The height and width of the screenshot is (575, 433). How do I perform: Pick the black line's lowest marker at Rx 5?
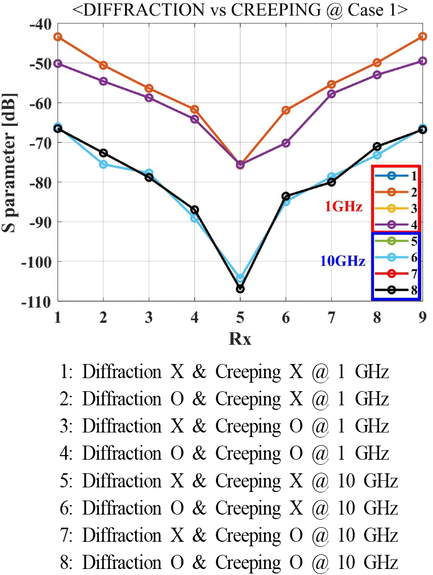click(x=240, y=289)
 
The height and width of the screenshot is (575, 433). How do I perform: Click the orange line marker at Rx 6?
click(x=286, y=110)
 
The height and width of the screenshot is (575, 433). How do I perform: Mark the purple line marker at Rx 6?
click(x=286, y=143)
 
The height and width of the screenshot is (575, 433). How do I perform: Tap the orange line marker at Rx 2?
click(x=103, y=65)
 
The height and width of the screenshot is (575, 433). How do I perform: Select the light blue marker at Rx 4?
click(x=195, y=218)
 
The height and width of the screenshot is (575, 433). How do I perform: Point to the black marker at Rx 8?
click(x=377, y=147)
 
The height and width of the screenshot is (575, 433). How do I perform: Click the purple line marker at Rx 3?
click(x=149, y=98)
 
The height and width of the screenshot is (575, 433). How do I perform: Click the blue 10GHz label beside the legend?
click(x=343, y=261)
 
